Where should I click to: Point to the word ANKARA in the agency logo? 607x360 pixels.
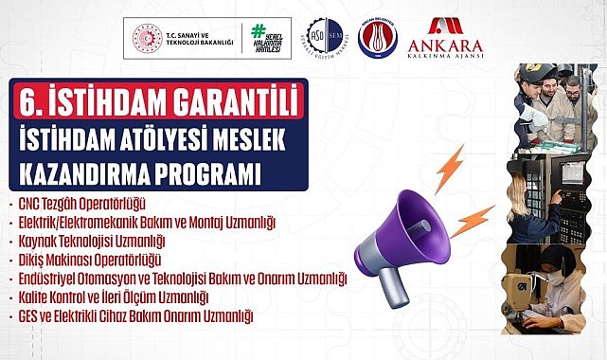[444, 46]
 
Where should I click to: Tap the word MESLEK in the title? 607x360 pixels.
[252, 137]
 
